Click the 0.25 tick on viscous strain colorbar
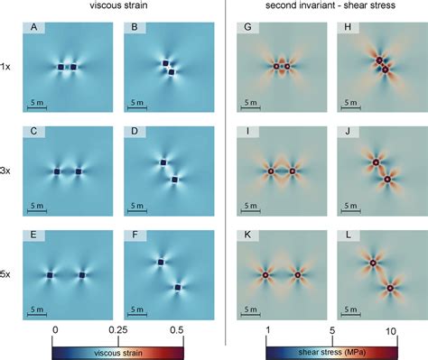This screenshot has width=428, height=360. (x=119, y=330)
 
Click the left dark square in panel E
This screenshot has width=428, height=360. (x=51, y=274)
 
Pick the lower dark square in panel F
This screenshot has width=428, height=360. (x=178, y=288)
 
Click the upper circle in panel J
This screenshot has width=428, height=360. (x=371, y=162)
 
